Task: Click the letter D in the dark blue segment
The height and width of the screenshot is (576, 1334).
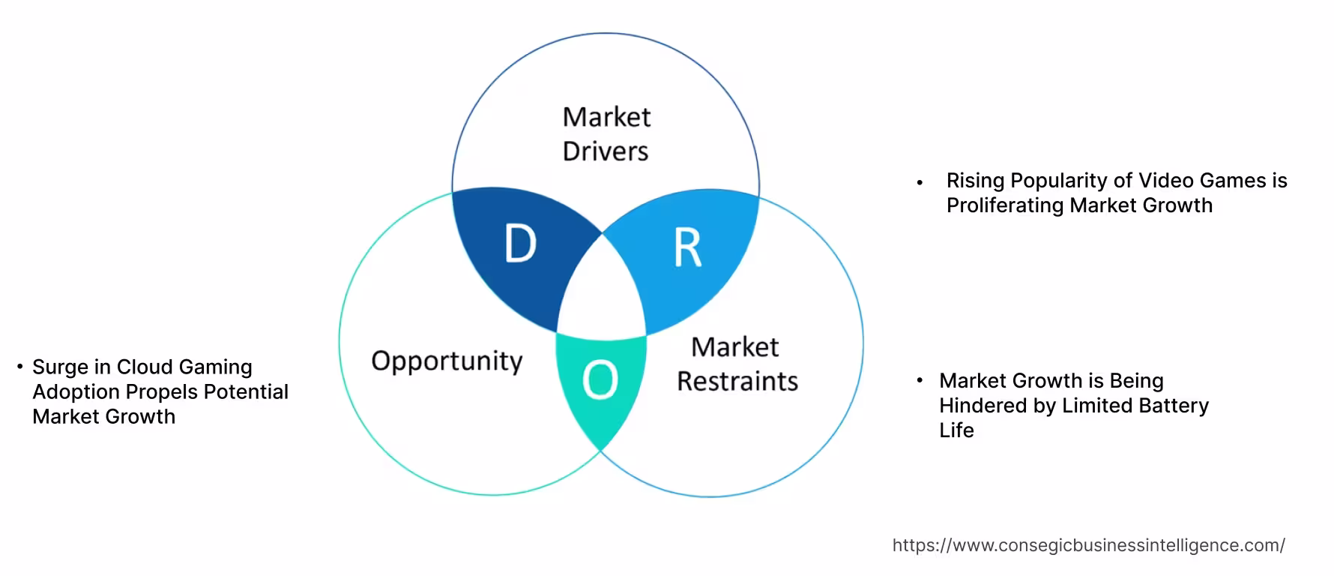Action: (521, 244)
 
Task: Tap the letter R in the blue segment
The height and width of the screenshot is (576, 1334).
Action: (687, 247)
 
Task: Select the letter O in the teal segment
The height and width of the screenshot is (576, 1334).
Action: (600, 379)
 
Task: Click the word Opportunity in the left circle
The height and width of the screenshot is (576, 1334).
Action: (447, 361)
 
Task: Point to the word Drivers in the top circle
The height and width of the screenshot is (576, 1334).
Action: (606, 151)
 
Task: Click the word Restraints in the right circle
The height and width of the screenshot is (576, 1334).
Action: (737, 382)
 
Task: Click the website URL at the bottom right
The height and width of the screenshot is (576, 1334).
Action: (1088, 545)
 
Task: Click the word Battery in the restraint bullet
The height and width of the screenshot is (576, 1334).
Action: (1174, 406)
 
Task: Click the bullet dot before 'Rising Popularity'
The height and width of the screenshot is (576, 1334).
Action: (920, 182)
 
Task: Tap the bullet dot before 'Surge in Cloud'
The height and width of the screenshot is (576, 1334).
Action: (20, 367)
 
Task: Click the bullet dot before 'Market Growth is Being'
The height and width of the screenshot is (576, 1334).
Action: (920, 381)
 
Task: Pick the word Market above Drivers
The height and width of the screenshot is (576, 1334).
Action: (606, 117)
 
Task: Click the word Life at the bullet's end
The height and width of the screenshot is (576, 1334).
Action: (956, 430)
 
